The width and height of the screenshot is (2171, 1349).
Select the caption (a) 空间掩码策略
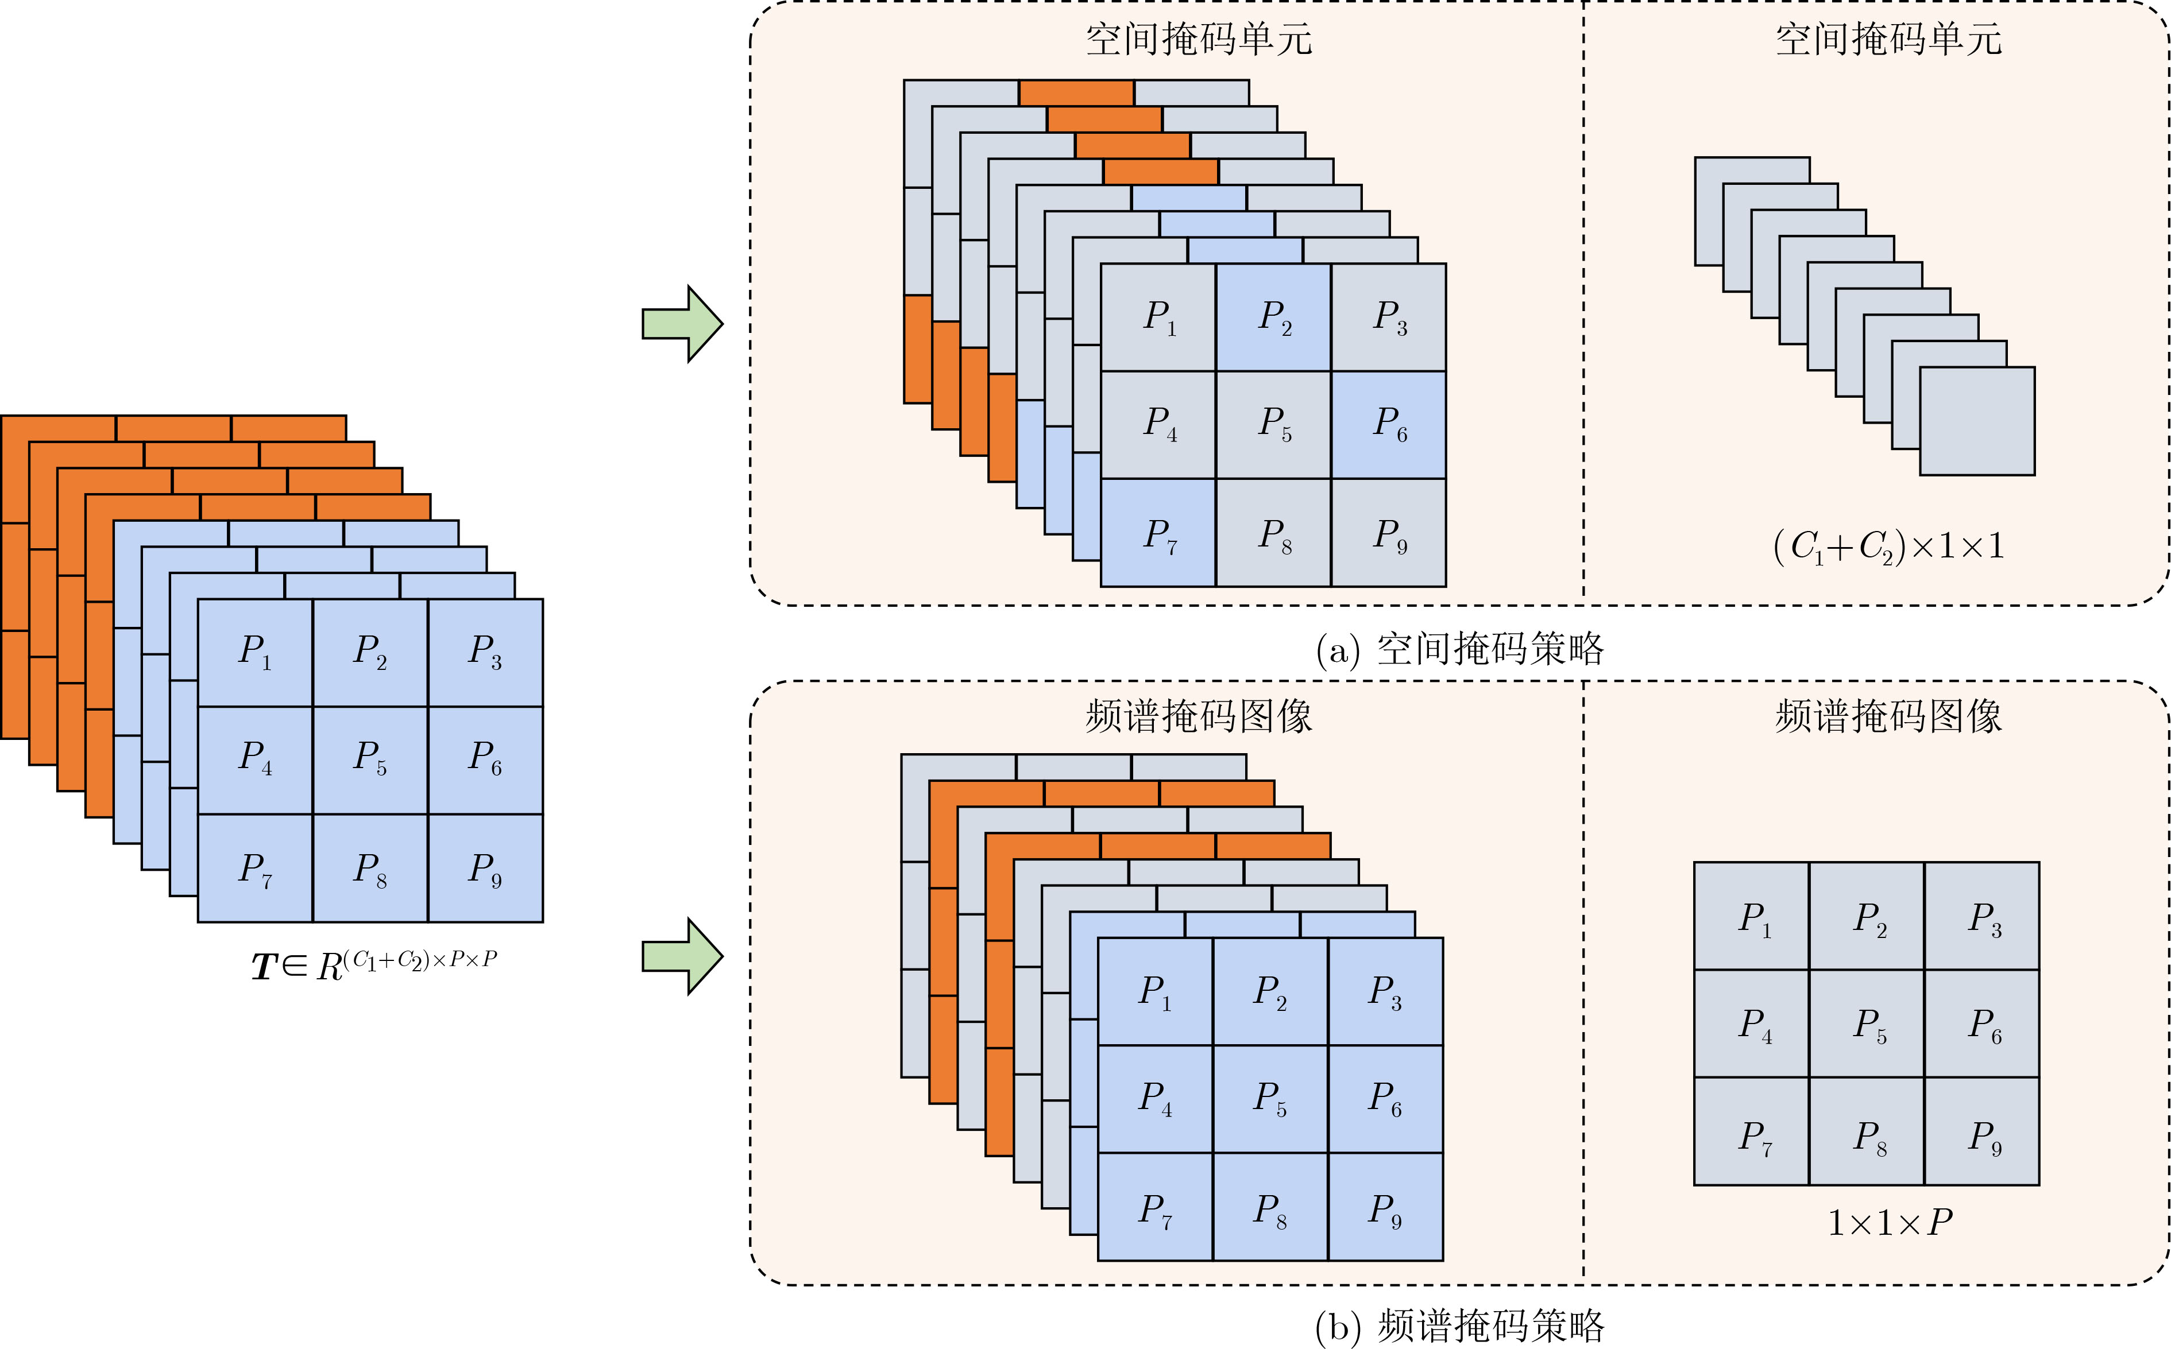[1459, 649]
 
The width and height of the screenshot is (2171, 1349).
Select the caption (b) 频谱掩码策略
[1459, 1326]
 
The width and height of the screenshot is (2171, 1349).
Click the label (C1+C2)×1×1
[1888, 546]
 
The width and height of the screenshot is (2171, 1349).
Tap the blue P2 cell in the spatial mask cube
[1273, 317]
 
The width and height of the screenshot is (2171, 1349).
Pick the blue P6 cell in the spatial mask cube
[1388, 425]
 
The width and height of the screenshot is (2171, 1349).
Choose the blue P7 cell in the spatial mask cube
[1158, 533]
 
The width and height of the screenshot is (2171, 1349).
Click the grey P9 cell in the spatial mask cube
[1388, 533]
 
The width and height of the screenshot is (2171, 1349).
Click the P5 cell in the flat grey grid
[1867, 1024]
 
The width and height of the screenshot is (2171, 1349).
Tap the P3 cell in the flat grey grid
[1981, 916]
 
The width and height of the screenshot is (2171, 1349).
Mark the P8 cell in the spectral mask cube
[1269, 1207]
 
